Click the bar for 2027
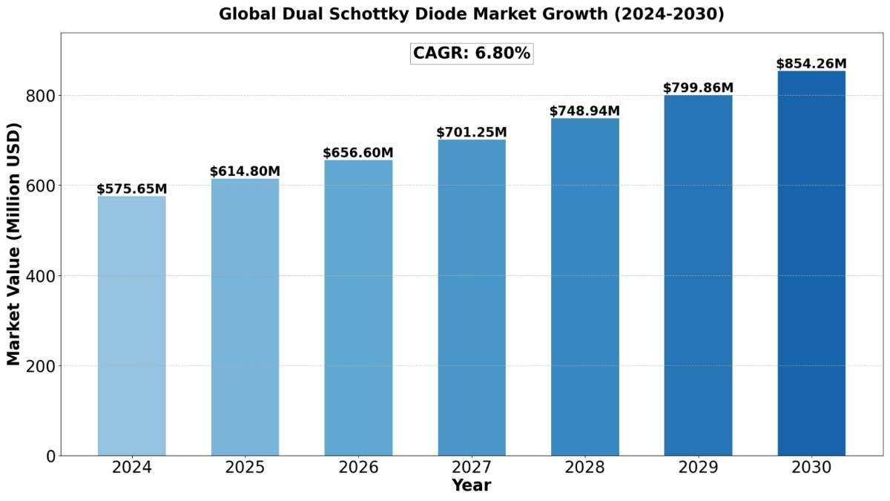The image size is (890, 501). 472,297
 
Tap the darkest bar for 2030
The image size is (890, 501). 811,263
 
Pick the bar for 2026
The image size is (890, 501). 358,307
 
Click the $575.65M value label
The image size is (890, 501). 132,189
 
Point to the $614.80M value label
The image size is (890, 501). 245,171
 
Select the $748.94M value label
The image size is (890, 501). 584,111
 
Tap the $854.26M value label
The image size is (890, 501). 811,64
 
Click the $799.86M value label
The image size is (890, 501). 698,88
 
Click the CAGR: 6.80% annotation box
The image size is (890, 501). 472,53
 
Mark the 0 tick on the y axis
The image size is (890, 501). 50,456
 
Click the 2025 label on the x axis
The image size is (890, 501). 245,468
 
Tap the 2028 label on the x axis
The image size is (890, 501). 584,468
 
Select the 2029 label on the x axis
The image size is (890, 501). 698,468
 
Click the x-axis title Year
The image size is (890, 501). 472,485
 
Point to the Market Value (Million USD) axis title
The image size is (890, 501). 13,244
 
